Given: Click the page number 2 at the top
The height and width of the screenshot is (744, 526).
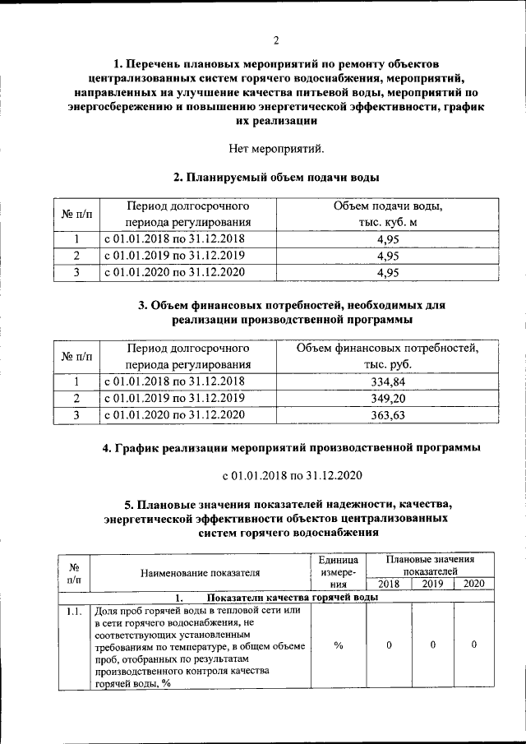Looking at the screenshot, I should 276,40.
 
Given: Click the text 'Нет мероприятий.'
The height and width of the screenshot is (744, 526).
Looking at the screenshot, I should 276,149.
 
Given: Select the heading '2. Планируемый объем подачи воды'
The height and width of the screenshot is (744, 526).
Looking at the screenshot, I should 276,177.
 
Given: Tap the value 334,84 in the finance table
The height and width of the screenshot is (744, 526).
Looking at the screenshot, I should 386,383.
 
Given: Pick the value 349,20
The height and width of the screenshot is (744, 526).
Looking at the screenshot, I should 386,400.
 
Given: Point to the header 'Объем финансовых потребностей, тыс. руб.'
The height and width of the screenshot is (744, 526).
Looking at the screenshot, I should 386,356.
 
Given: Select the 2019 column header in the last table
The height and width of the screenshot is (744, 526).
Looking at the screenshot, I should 432,584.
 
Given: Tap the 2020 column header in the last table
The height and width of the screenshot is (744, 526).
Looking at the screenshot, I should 474,584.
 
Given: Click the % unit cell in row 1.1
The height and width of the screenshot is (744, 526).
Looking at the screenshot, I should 338,645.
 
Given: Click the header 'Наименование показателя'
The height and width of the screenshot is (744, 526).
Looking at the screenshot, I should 200,573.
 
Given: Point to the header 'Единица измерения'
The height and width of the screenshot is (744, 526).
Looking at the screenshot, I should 338,573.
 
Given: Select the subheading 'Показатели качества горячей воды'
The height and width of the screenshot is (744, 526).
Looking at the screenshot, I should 292,597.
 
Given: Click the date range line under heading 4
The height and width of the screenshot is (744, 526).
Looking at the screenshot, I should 292,475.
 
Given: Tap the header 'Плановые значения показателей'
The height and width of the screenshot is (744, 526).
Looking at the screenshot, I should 431,565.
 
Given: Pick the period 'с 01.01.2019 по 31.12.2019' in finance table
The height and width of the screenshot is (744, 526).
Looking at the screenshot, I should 173,399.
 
